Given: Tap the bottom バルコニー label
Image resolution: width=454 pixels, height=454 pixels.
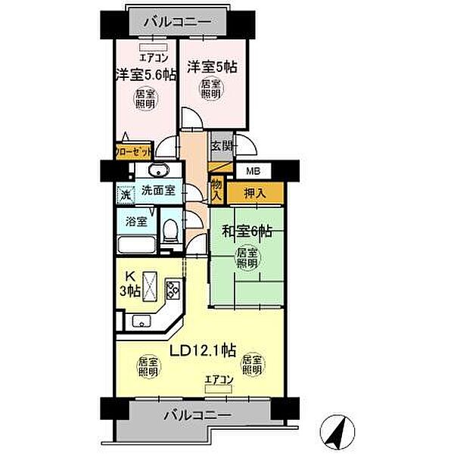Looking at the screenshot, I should coord(195,415).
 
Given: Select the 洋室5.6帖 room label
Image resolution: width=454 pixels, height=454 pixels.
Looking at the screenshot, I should coord(146,74).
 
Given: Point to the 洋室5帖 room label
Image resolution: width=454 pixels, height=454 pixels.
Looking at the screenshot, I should coord(213,67).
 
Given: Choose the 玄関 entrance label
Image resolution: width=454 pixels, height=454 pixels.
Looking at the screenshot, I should coord(222,146).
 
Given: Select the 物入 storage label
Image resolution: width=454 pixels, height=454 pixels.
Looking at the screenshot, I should coord(217,189).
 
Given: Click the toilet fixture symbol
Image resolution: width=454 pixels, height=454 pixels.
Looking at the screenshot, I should coord(171,232).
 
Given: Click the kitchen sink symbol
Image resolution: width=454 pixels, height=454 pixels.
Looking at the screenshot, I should coord(141,321).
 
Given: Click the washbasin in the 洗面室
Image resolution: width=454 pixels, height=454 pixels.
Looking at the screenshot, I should coord(159,169).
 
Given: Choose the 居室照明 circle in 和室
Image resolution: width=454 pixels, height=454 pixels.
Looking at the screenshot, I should coord(246,257).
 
